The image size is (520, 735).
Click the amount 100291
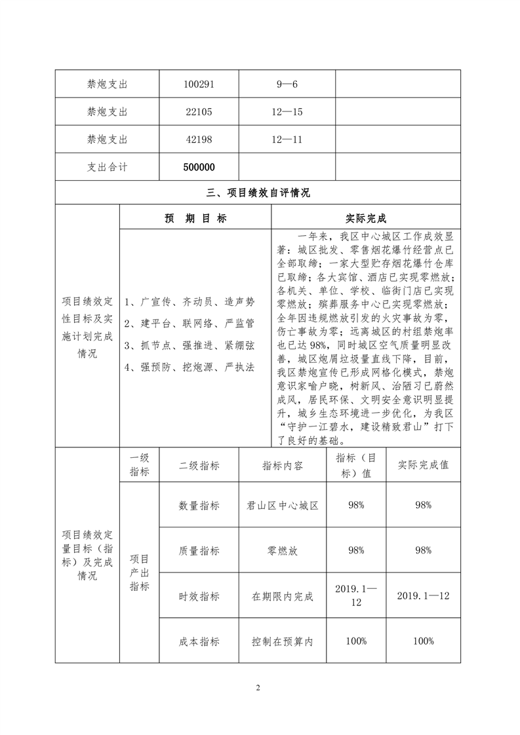tap(199, 85)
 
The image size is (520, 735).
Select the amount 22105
tap(199, 112)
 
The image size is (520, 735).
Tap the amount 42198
tap(199, 140)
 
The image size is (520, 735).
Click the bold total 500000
tap(199, 167)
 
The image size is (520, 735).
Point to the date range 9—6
tap(286, 85)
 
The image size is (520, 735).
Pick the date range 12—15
tap(286, 112)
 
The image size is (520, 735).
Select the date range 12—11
tap(286, 140)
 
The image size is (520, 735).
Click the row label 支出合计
tap(108, 167)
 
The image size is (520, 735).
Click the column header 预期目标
tap(195, 219)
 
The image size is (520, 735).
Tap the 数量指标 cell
tap(199, 505)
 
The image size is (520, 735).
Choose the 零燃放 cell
tap(283, 550)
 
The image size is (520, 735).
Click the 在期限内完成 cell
tap(283, 596)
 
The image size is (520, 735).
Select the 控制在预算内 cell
tap(283, 641)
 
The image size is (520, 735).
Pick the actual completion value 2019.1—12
tap(423, 595)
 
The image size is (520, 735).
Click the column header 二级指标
tap(199, 466)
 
